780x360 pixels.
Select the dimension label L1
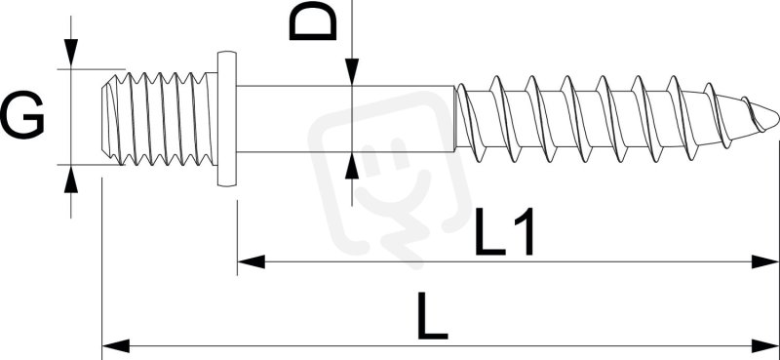pyautogui.click(x=504, y=231)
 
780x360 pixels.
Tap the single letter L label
pyautogui.click(x=432, y=316)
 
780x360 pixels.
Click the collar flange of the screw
pyautogui.click(x=226, y=118)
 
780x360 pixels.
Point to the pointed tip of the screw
pyautogui.click(x=777, y=118)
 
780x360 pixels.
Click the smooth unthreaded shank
pyautogui.click(x=345, y=118)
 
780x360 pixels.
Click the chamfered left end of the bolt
pyautogui.click(x=107, y=118)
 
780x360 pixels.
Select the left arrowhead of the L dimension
pyautogui.click(x=115, y=345)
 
